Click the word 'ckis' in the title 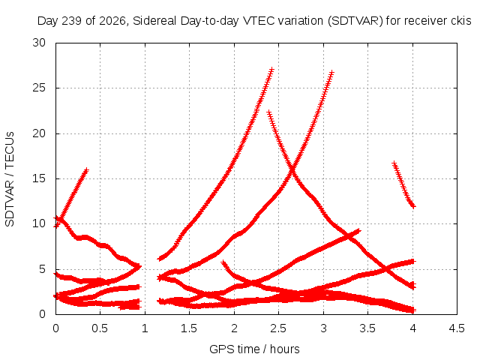click(x=461, y=21)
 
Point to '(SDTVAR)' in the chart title click(x=355, y=21)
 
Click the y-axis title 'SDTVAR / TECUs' click(x=10, y=179)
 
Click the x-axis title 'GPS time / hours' click(x=254, y=349)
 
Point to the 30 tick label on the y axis click(x=39, y=43)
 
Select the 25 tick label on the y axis click(x=39, y=88)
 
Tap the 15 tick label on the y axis click(x=39, y=178)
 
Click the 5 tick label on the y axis click(x=42, y=269)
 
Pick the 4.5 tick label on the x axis click(x=457, y=328)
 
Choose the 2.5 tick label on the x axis click(x=278, y=328)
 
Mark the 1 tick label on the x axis click(x=145, y=328)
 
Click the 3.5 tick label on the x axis click(x=367, y=328)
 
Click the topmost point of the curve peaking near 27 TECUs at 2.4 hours click(x=271, y=70)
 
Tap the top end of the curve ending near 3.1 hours click(x=331, y=73)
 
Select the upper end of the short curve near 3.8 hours click(x=394, y=163)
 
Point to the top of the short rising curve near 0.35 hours click(x=86, y=170)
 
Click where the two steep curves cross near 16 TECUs click(x=292, y=169)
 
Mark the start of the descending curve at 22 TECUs click(x=269, y=112)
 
